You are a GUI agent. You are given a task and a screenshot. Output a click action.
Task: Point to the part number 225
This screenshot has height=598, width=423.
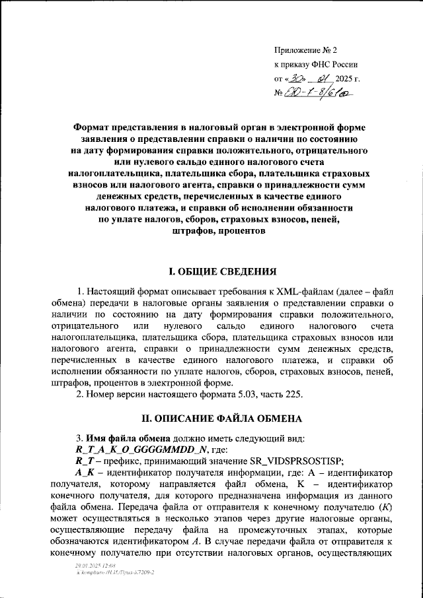[x=291, y=395]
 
